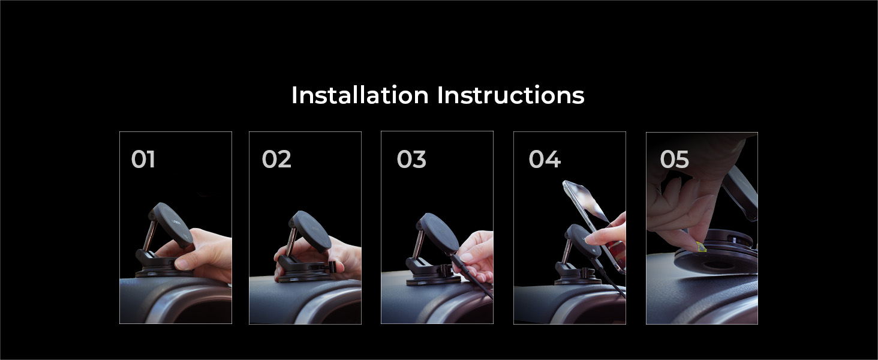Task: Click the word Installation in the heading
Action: tap(360, 95)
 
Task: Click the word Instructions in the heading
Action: tap(511, 95)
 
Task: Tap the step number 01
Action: tap(143, 159)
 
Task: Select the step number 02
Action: tap(276, 159)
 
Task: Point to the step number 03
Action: tap(411, 159)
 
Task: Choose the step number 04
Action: tap(545, 159)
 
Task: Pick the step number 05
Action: tap(674, 159)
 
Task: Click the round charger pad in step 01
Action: tap(172, 224)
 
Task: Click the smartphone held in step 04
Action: tap(594, 226)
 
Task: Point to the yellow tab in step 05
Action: tap(700, 247)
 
